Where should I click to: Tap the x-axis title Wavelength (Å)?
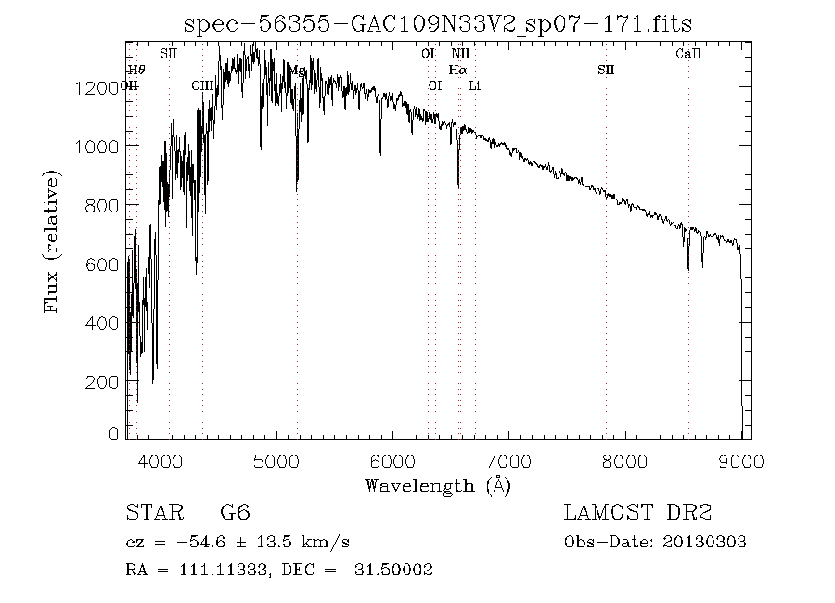tap(438, 485)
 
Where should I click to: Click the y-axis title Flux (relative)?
tap(52, 241)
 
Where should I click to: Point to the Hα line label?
tap(457, 70)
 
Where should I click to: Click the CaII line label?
tap(687, 54)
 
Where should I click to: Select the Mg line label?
tap(297, 70)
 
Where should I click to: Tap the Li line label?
tap(474, 85)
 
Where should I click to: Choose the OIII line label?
tap(202, 85)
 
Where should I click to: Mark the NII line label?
tap(459, 54)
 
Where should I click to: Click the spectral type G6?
tap(235, 513)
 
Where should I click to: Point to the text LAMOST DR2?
tap(637, 513)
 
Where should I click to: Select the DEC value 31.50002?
tap(393, 570)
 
